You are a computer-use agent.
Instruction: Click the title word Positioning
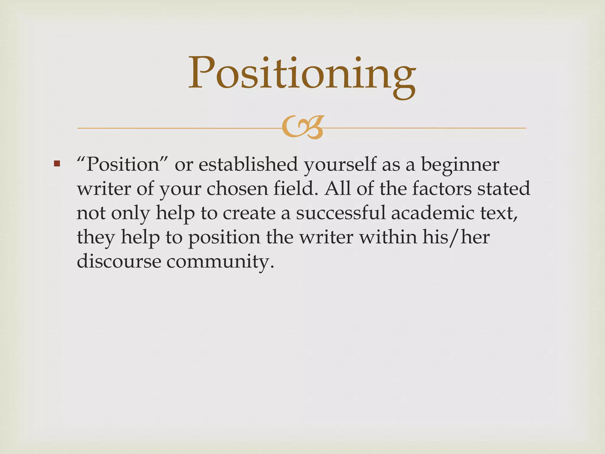coord(302,74)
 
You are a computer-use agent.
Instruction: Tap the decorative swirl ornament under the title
coord(302,127)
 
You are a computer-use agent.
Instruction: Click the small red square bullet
coord(57,163)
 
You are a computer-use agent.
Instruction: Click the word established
coord(248,164)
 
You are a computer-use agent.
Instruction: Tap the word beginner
coord(460,165)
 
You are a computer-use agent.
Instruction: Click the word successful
coord(341,213)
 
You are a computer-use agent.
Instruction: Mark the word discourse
coord(119,261)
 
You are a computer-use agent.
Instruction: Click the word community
coord(220,262)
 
